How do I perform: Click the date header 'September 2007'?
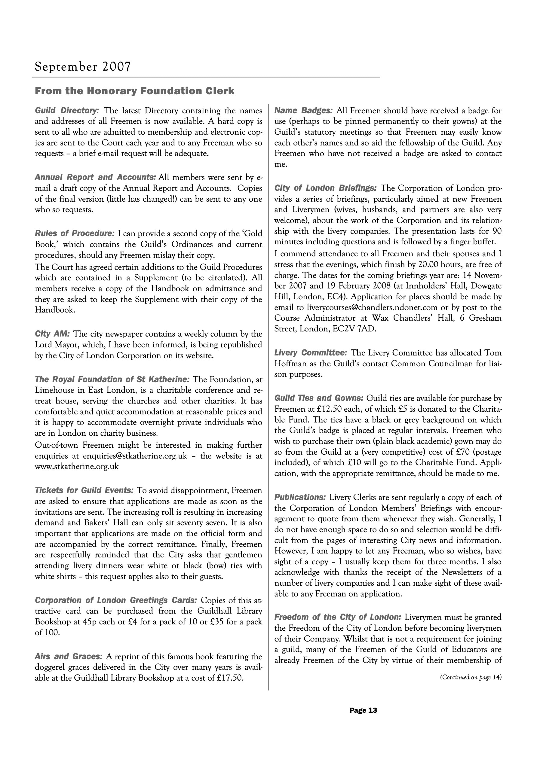pos(83,67)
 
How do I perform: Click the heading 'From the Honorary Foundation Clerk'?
pos(135,91)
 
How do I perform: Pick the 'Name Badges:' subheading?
pos(303,110)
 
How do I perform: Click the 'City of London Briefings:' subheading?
pos(326,188)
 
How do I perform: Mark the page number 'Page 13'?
pos(363,710)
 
